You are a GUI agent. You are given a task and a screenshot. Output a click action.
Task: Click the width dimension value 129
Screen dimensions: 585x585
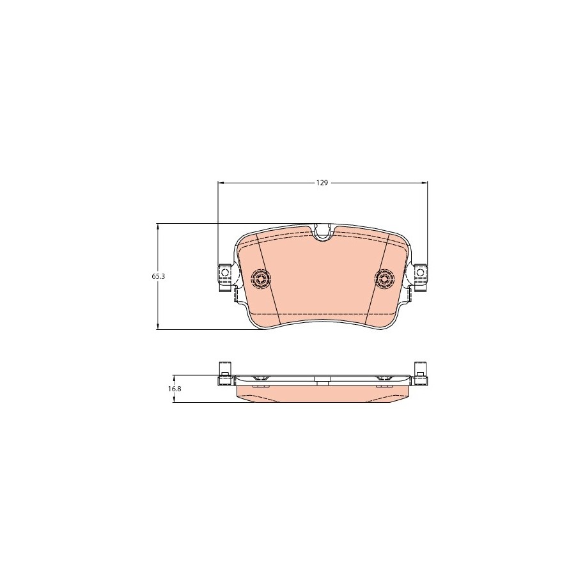click(x=322, y=183)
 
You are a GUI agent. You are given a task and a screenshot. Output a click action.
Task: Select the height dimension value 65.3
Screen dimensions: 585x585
click(x=157, y=276)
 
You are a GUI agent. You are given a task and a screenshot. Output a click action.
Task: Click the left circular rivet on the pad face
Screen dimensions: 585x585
click(x=261, y=278)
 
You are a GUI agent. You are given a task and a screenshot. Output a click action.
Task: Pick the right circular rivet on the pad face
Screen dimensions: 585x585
click(x=384, y=278)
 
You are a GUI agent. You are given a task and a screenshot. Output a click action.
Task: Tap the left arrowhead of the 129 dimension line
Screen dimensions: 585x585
click(x=221, y=183)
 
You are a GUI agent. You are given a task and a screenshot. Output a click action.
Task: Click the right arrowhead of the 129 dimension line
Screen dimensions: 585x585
click(x=425, y=183)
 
